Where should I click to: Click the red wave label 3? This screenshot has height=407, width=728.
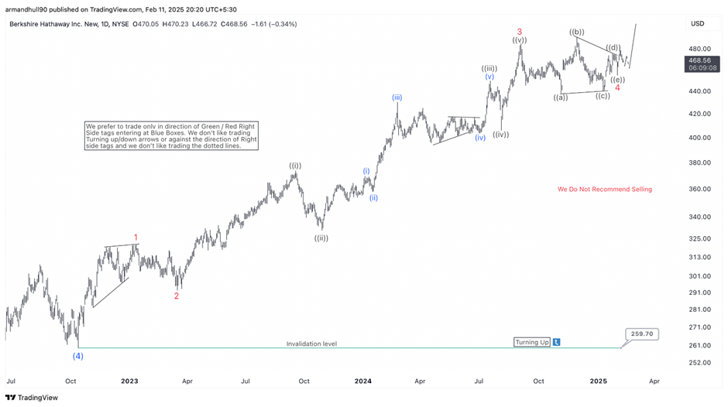tap(520, 32)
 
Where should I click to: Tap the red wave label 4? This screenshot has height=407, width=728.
tap(617, 87)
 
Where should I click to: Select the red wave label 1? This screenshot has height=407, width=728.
tap(136, 238)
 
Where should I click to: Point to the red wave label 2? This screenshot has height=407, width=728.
tap(177, 296)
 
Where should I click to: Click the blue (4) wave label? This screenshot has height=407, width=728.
tap(78, 356)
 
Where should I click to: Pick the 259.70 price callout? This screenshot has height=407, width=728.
tap(642, 334)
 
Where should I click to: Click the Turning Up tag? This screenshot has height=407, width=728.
tap(533, 342)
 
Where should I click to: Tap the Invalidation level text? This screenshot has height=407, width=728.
tap(311, 344)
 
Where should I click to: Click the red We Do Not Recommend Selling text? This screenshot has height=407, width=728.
tap(605, 189)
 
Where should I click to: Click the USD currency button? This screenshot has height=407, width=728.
tap(697, 24)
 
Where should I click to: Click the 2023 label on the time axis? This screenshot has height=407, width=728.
tap(129, 381)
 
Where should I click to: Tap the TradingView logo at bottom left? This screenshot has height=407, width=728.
tap(31, 398)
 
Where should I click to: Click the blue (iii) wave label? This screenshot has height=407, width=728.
tap(397, 97)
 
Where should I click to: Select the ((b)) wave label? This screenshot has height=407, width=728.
tap(576, 32)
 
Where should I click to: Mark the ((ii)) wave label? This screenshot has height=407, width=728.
tap(321, 238)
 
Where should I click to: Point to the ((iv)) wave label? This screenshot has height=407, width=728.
tap(501, 134)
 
